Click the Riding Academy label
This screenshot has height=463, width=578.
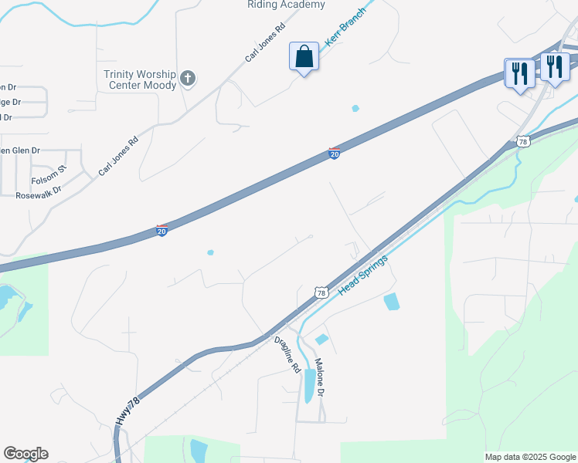coord(286,5)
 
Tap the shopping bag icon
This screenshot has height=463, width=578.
coord(304,57)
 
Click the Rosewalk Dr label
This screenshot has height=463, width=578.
coord(38,195)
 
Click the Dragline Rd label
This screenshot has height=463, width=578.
coord(287,354)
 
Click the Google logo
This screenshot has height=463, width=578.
coord(25,454)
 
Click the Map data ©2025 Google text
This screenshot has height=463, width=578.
coord(529,457)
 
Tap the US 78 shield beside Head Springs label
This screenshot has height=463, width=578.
coord(321,292)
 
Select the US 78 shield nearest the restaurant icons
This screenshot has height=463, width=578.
coord(522,142)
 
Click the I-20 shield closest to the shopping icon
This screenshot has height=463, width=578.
coord(335,154)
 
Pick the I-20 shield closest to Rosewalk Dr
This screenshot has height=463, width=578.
coord(161,230)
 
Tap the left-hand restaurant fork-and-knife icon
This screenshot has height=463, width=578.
coord(518,73)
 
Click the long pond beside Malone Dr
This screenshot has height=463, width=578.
coord(310,385)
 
